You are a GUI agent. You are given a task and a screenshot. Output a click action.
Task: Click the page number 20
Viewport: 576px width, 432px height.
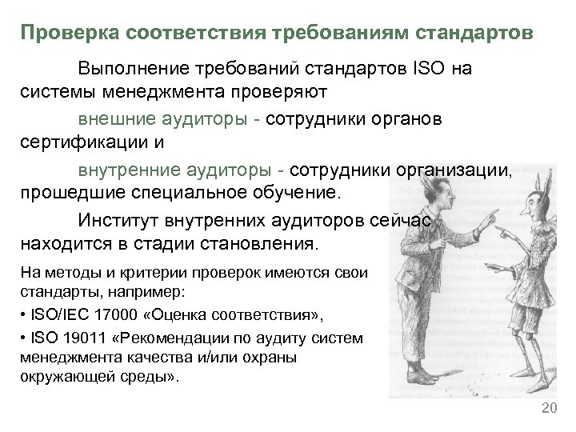548,409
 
